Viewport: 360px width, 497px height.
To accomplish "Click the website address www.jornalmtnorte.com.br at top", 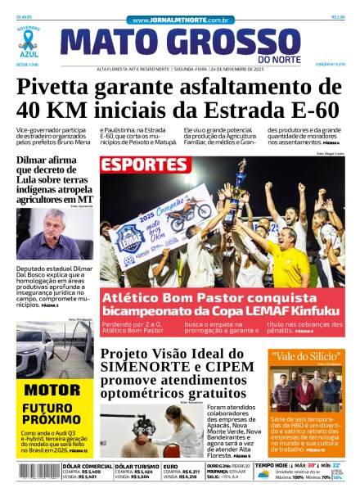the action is pos(180,19).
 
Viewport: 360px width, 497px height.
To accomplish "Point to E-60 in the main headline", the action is pos(307,110).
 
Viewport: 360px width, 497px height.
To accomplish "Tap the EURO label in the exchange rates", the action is pos(171,466).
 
